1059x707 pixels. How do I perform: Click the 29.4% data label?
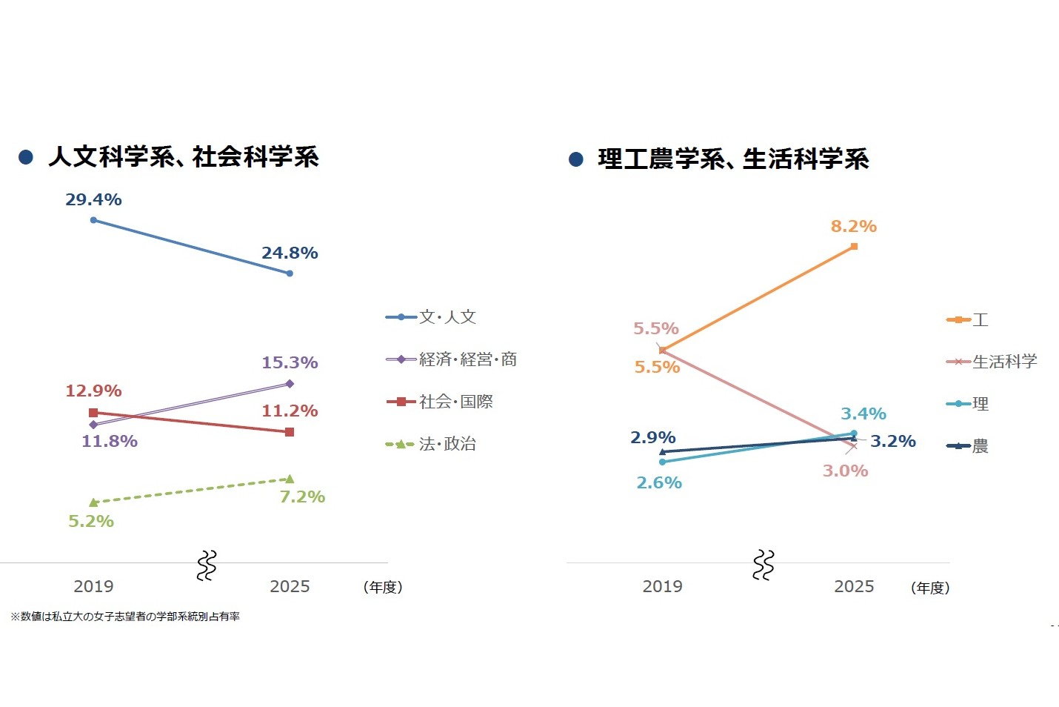[x=93, y=199]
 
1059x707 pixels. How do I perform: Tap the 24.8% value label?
[x=290, y=253]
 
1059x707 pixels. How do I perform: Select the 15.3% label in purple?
[x=290, y=362]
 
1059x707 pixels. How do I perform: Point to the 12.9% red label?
[x=93, y=391]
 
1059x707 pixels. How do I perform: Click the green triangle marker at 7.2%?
[x=290, y=479]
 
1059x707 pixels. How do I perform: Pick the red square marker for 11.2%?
[x=290, y=432]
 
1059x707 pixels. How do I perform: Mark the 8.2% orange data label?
[x=853, y=226]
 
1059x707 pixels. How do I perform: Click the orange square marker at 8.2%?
[x=854, y=246]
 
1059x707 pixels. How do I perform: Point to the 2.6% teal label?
[x=659, y=482]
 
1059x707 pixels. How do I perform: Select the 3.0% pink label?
[x=845, y=471]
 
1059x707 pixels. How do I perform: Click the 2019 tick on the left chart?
[x=93, y=586]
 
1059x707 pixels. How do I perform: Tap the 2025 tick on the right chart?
[x=854, y=586]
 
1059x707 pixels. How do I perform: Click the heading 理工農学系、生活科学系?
[x=733, y=159]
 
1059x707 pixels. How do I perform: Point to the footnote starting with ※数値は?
[x=124, y=617]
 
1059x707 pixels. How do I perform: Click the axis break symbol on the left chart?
[x=207, y=565]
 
